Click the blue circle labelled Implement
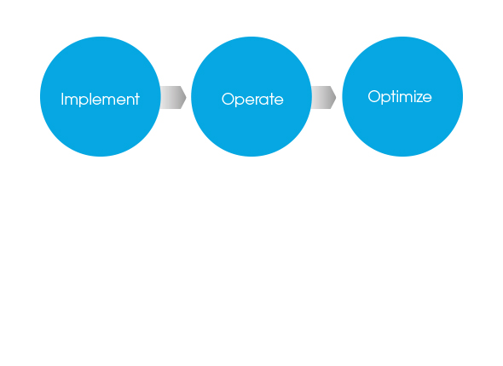[x=100, y=96]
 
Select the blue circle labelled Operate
[x=251, y=96]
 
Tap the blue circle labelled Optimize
[x=402, y=96]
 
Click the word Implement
[x=100, y=100]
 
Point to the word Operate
[x=252, y=100]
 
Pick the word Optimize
[x=400, y=97]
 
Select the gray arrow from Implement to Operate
[x=173, y=97]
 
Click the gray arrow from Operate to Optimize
[x=324, y=97]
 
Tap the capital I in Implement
[x=62, y=99]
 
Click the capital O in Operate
[x=228, y=99]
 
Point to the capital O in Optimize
[x=374, y=96]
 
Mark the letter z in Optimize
[x=417, y=98]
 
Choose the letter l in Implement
[x=90, y=99]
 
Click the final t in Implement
[x=137, y=100]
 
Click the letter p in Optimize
[x=387, y=99]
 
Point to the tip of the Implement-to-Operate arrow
[x=187, y=97]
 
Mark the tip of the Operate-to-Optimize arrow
[x=336, y=97]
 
